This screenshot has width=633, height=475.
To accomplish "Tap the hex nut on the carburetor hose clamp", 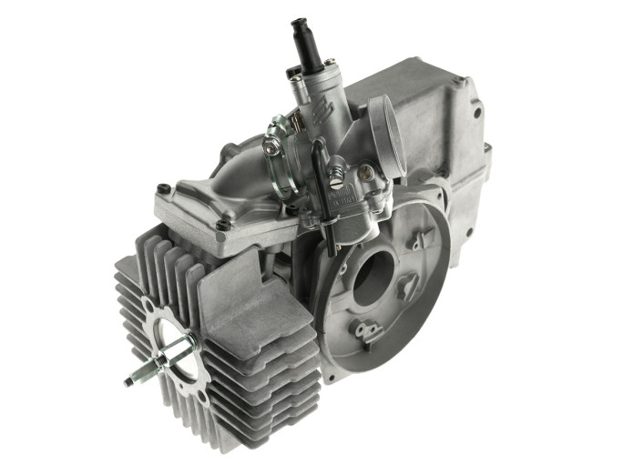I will (x=271, y=143).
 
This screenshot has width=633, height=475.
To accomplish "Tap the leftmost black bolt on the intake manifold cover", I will (x=163, y=189).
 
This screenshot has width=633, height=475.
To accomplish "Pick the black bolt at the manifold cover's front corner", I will (x=221, y=225).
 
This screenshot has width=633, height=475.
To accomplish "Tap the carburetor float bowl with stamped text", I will (x=351, y=200).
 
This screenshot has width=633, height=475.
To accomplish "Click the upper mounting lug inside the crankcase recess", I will (x=418, y=240).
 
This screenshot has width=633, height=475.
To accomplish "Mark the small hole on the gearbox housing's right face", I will (x=475, y=114).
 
